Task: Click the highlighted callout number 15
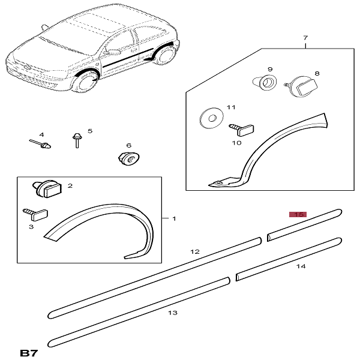pyautogui.click(x=298, y=214)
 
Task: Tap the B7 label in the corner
pyautogui.click(x=29, y=353)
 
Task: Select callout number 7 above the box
pyautogui.click(x=305, y=37)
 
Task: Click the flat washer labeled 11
pyautogui.click(x=211, y=118)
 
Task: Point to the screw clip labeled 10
pyautogui.click(x=241, y=130)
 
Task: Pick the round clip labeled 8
pyautogui.click(x=301, y=86)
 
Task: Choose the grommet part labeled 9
pyautogui.click(x=265, y=82)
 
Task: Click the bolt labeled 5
pyautogui.click(x=76, y=140)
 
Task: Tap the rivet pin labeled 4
pyautogui.click(x=40, y=144)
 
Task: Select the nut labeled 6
pyautogui.click(x=128, y=158)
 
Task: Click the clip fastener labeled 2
pyautogui.click(x=47, y=189)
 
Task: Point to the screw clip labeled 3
pyautogui.click(x=35, y=214)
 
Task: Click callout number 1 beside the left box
pyautogui.click(x=174, y=218)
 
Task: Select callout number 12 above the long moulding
pyautogui.click(x=195, y=251)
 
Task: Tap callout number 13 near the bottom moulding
pyautogui.click(x=173, y=313)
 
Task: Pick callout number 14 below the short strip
pyautogui.click(x=301, y=266)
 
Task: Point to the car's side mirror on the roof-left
pyautogui.click(x=44, y=27)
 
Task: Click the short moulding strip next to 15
pyautogui.click(x=304, y=225)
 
